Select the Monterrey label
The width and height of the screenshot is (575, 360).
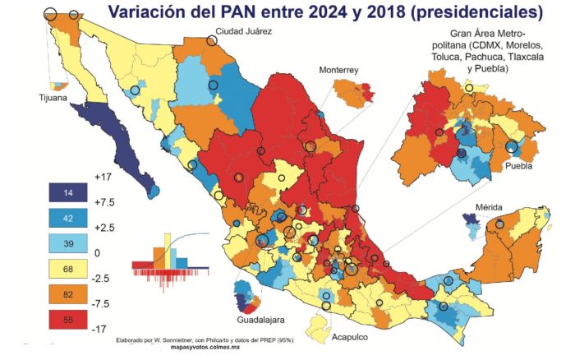(x=340, y=72)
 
